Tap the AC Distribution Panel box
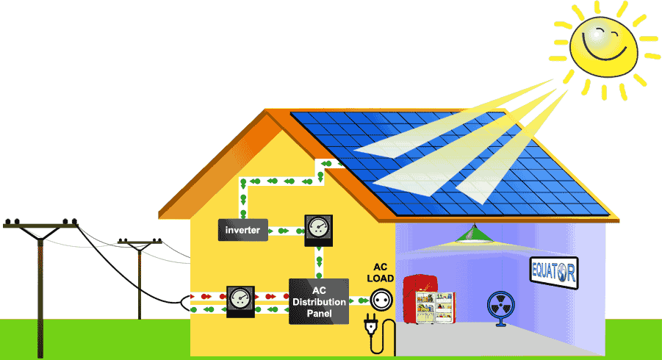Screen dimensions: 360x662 [318, 301]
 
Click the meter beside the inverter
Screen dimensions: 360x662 [317, 228]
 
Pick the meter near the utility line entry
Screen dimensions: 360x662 [240, 299]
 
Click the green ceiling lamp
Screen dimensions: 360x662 [474, 234]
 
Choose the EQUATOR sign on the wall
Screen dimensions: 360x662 [553, 273]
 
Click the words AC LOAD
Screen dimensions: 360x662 [380, 273]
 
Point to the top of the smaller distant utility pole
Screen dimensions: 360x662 [139, 240]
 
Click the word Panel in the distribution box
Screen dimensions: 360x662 [318, 314]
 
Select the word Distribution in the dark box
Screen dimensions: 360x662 [318, 302]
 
